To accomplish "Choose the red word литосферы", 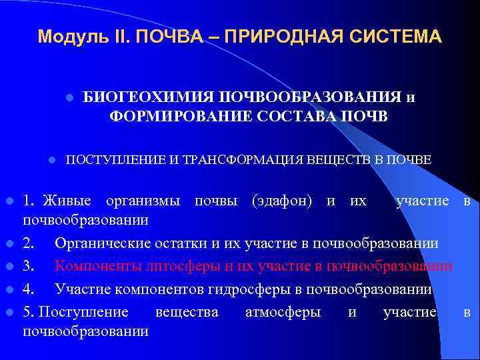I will [179, 266].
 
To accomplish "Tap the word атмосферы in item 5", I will [283, 311].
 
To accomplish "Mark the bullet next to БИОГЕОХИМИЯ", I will [69, 97].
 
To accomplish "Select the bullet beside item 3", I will [8, 267].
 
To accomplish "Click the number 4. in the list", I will [28, 289].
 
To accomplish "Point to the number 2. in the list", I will [28, 243].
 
